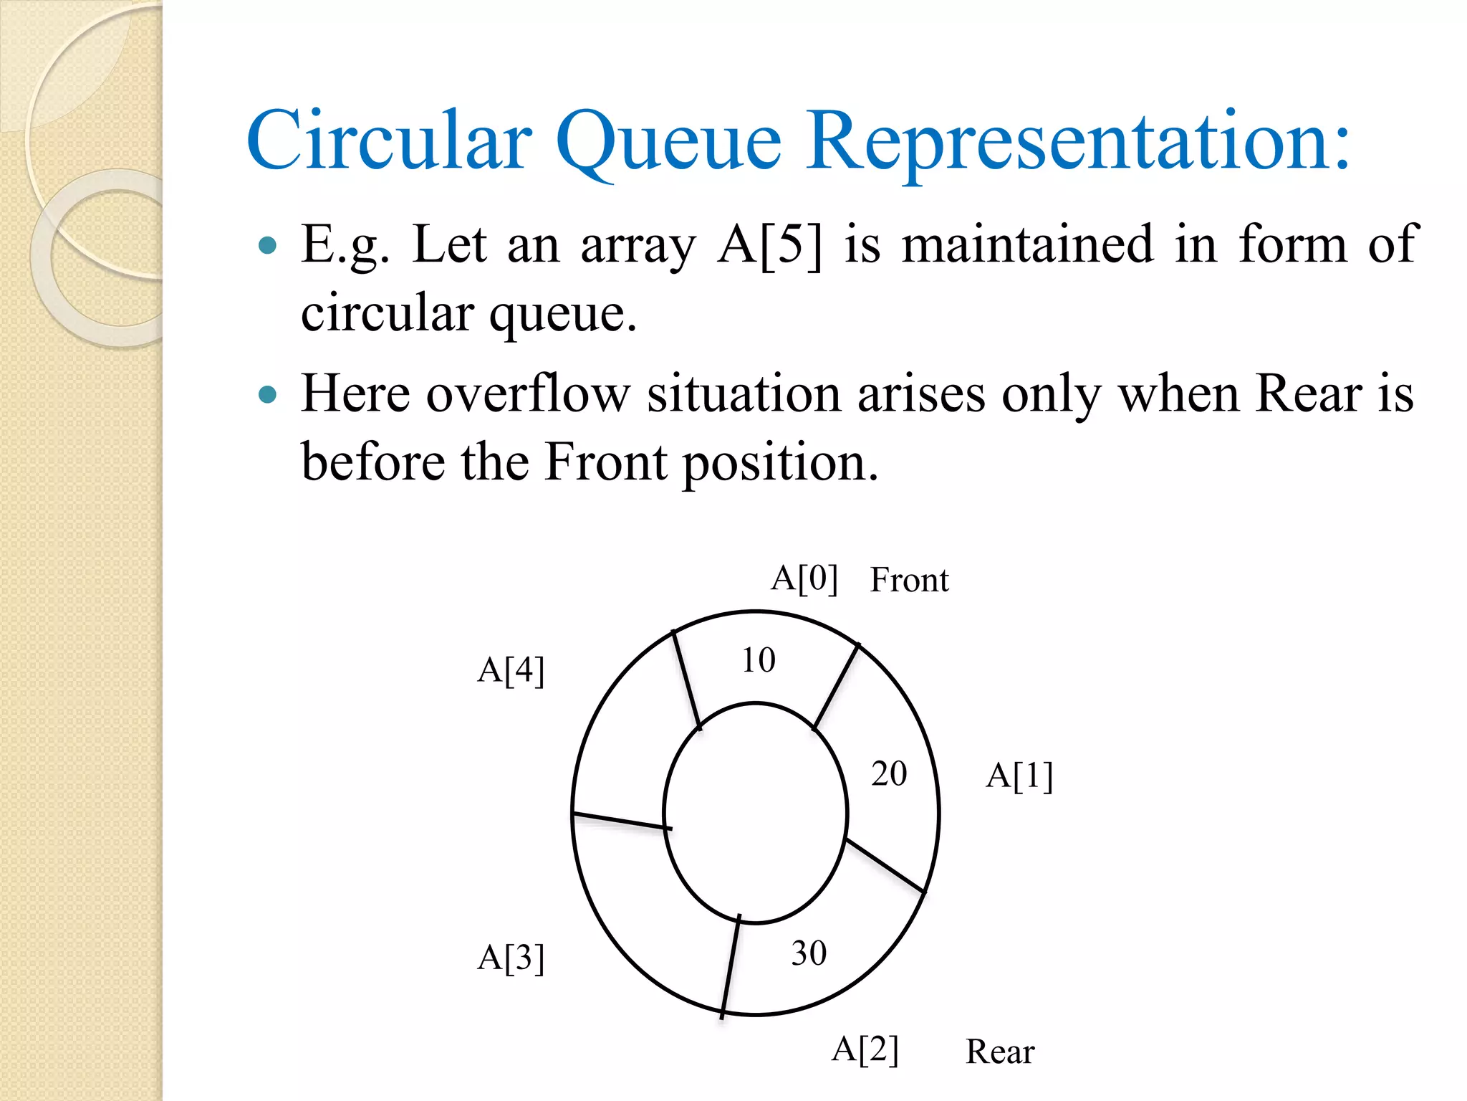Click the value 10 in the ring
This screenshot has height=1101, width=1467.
[x=758, y=660]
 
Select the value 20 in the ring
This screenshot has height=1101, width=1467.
[x=889, y=774]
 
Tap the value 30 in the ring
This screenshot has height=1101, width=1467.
[x=809, y=953]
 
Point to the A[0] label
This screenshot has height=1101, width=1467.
[x=804, y=578]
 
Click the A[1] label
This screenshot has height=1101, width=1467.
[x=1019, y=776]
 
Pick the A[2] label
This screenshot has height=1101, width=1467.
[x=865, y=1049]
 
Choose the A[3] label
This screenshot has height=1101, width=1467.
[x=511, y=958]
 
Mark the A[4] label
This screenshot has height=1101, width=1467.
[x=511, y=671]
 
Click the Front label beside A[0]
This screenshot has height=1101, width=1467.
[x=909, y=580]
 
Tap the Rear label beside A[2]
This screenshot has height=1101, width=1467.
[x=1000, y=1052]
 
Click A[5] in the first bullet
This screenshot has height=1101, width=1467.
[x=770, y=246]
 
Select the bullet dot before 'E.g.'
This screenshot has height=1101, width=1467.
[x=267, y=247]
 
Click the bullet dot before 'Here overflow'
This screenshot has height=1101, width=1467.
[x=267, y=394]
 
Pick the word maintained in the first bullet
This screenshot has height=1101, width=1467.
[x=1027, y=245]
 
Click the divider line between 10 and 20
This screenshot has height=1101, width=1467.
[x=836, y=687]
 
